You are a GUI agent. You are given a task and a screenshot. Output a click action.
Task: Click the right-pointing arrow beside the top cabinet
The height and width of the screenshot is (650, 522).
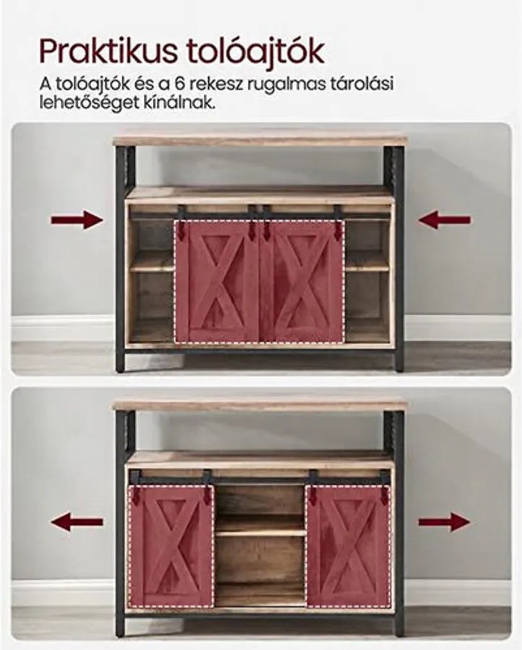click(77, 220)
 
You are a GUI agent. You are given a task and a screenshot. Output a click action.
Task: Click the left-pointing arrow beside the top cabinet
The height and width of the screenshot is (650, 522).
click(445, 220)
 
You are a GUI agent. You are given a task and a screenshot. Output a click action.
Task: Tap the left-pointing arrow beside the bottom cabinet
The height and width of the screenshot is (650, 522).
click(77, 521)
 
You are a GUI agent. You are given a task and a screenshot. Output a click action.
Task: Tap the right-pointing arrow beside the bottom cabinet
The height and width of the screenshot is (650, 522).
click(445, 521)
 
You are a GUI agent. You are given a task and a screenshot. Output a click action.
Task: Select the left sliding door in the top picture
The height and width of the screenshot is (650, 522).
click(216, 282)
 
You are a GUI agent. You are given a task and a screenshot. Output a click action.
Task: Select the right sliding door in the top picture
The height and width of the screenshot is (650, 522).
click(302, 282)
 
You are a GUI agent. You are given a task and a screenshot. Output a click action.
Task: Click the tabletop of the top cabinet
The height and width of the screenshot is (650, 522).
click(260, 140)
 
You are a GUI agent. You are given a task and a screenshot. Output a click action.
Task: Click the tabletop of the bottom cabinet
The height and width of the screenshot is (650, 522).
click(260, 405)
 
